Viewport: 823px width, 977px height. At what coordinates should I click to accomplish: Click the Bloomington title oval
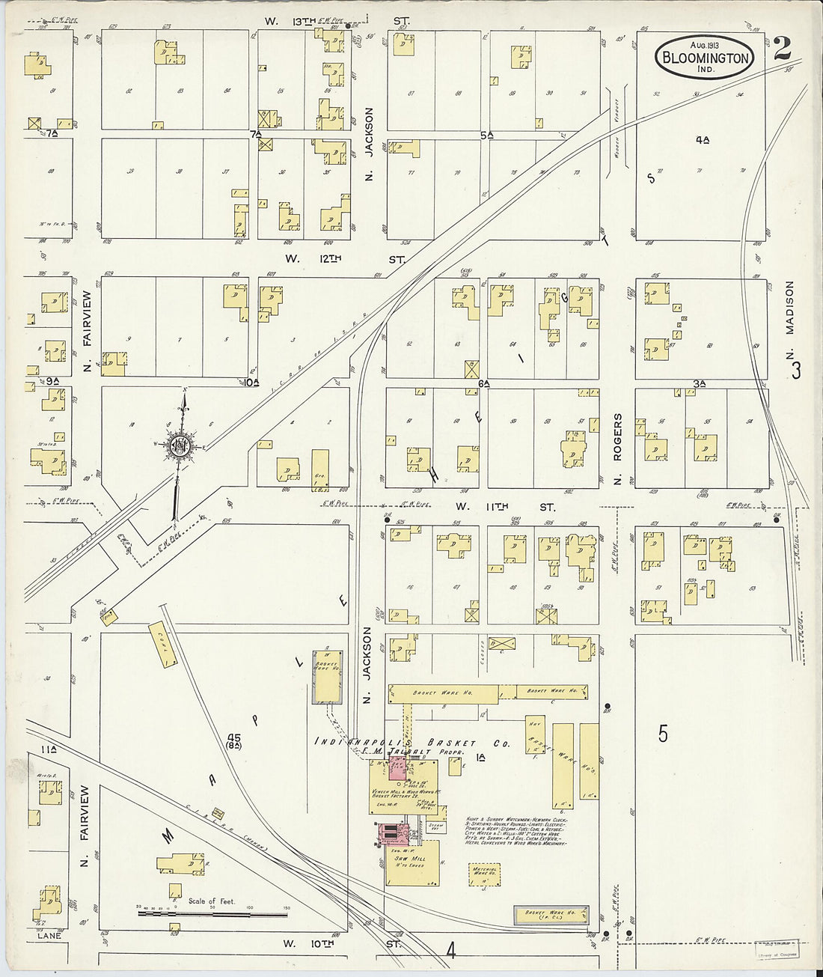coord(704,57)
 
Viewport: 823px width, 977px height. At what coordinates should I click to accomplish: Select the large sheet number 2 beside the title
coord(783,49)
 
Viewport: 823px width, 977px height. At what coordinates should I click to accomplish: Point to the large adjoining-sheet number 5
coord(663,734)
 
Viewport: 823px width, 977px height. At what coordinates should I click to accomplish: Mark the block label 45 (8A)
coord(232,741)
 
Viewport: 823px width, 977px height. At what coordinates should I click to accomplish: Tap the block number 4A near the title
coord(701,139)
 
